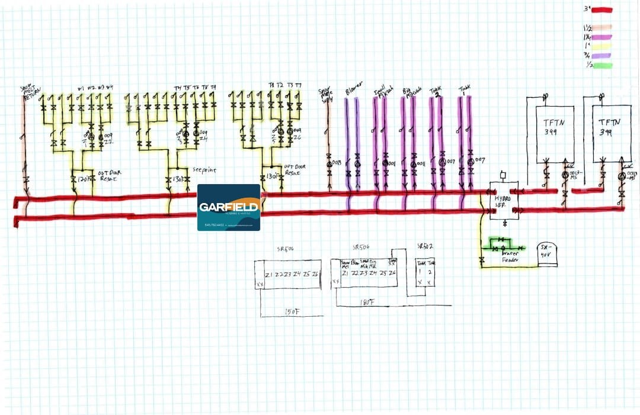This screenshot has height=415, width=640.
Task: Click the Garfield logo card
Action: (229, 207)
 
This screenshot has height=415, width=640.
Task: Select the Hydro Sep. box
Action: (503, 201)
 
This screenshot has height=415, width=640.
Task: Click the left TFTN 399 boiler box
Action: (555, 134)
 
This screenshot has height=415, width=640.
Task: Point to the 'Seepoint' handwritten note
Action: (204, 170)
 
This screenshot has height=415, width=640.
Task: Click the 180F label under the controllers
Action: (368, 303)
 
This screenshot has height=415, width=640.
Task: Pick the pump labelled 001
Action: (385, 163)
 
